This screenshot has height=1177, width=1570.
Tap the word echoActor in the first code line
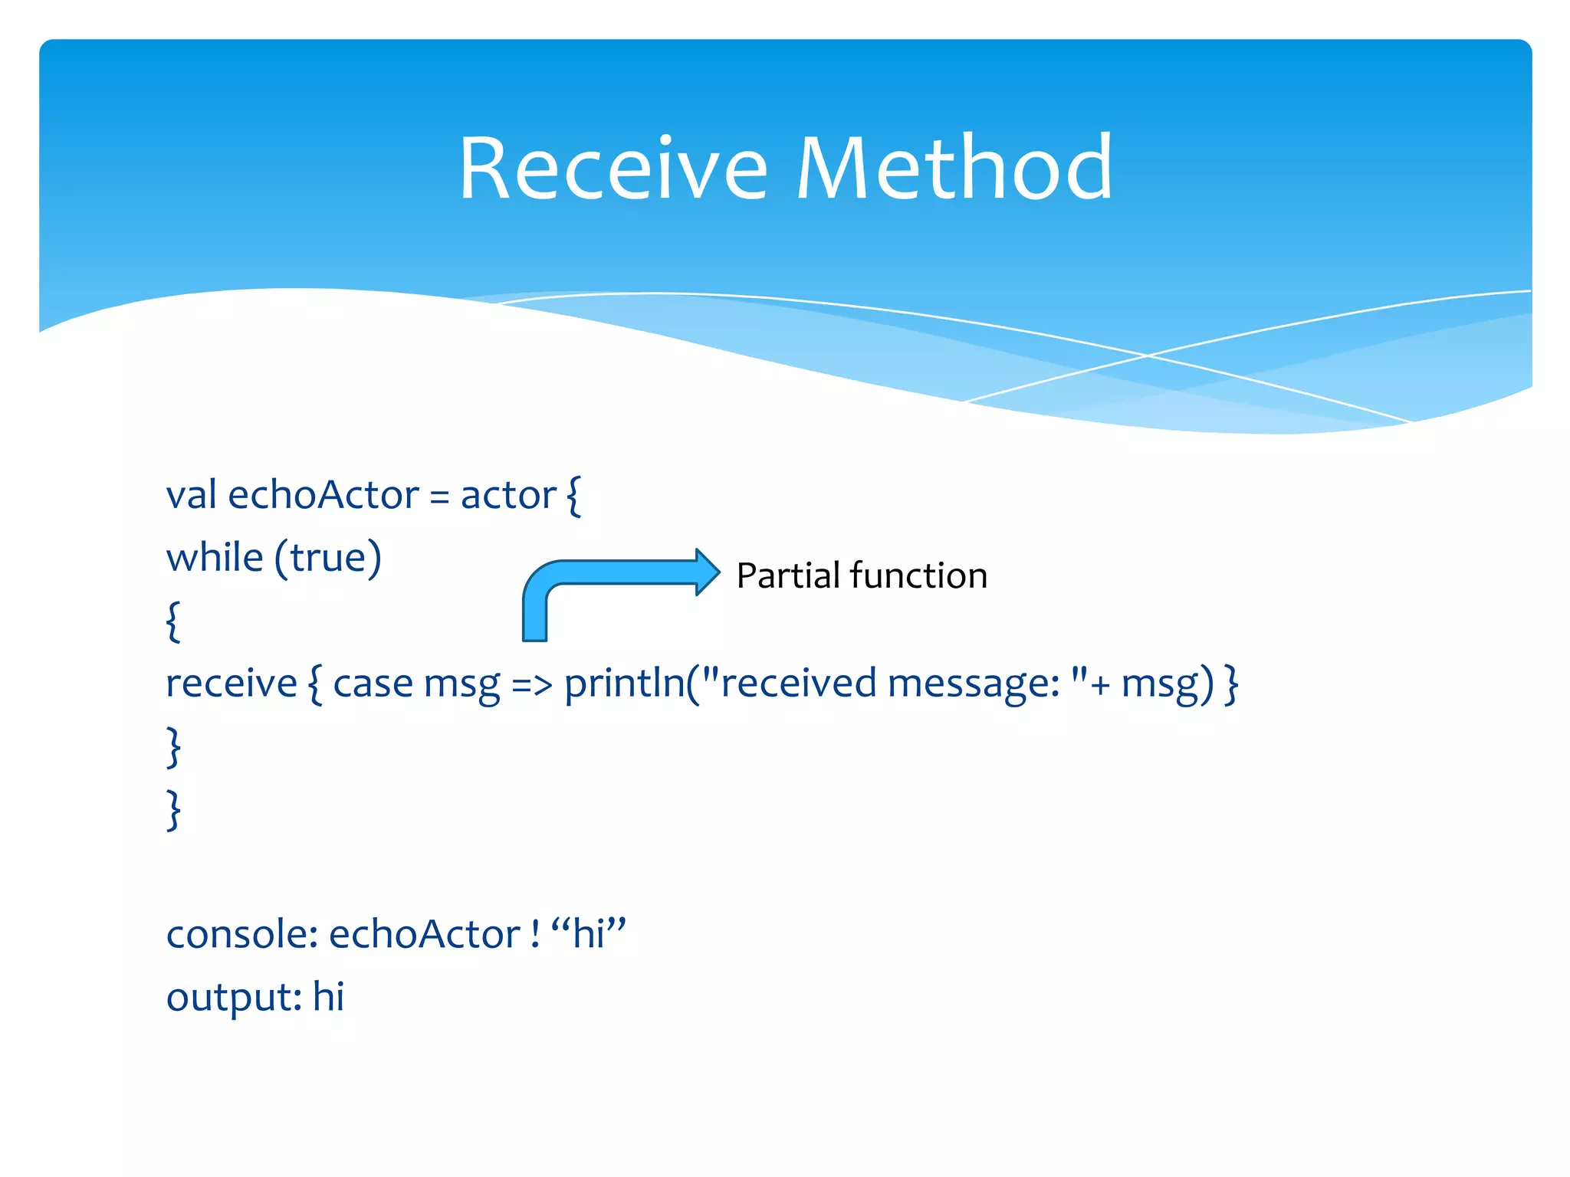(324, 495)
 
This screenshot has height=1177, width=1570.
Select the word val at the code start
(191, 495)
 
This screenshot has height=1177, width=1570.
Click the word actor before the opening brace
(507, 495)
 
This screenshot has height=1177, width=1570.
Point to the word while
(215, 557)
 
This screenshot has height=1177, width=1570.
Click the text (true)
(328, 557)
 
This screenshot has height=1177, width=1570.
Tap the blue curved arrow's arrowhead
(707, 572)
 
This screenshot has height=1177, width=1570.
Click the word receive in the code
(232, 683)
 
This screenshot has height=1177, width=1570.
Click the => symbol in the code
(531, 683)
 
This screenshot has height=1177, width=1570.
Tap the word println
(624, 683)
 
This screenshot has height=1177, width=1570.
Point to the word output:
(234, 997)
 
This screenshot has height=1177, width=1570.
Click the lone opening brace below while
(173, 621)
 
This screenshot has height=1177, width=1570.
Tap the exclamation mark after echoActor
(535, 934)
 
